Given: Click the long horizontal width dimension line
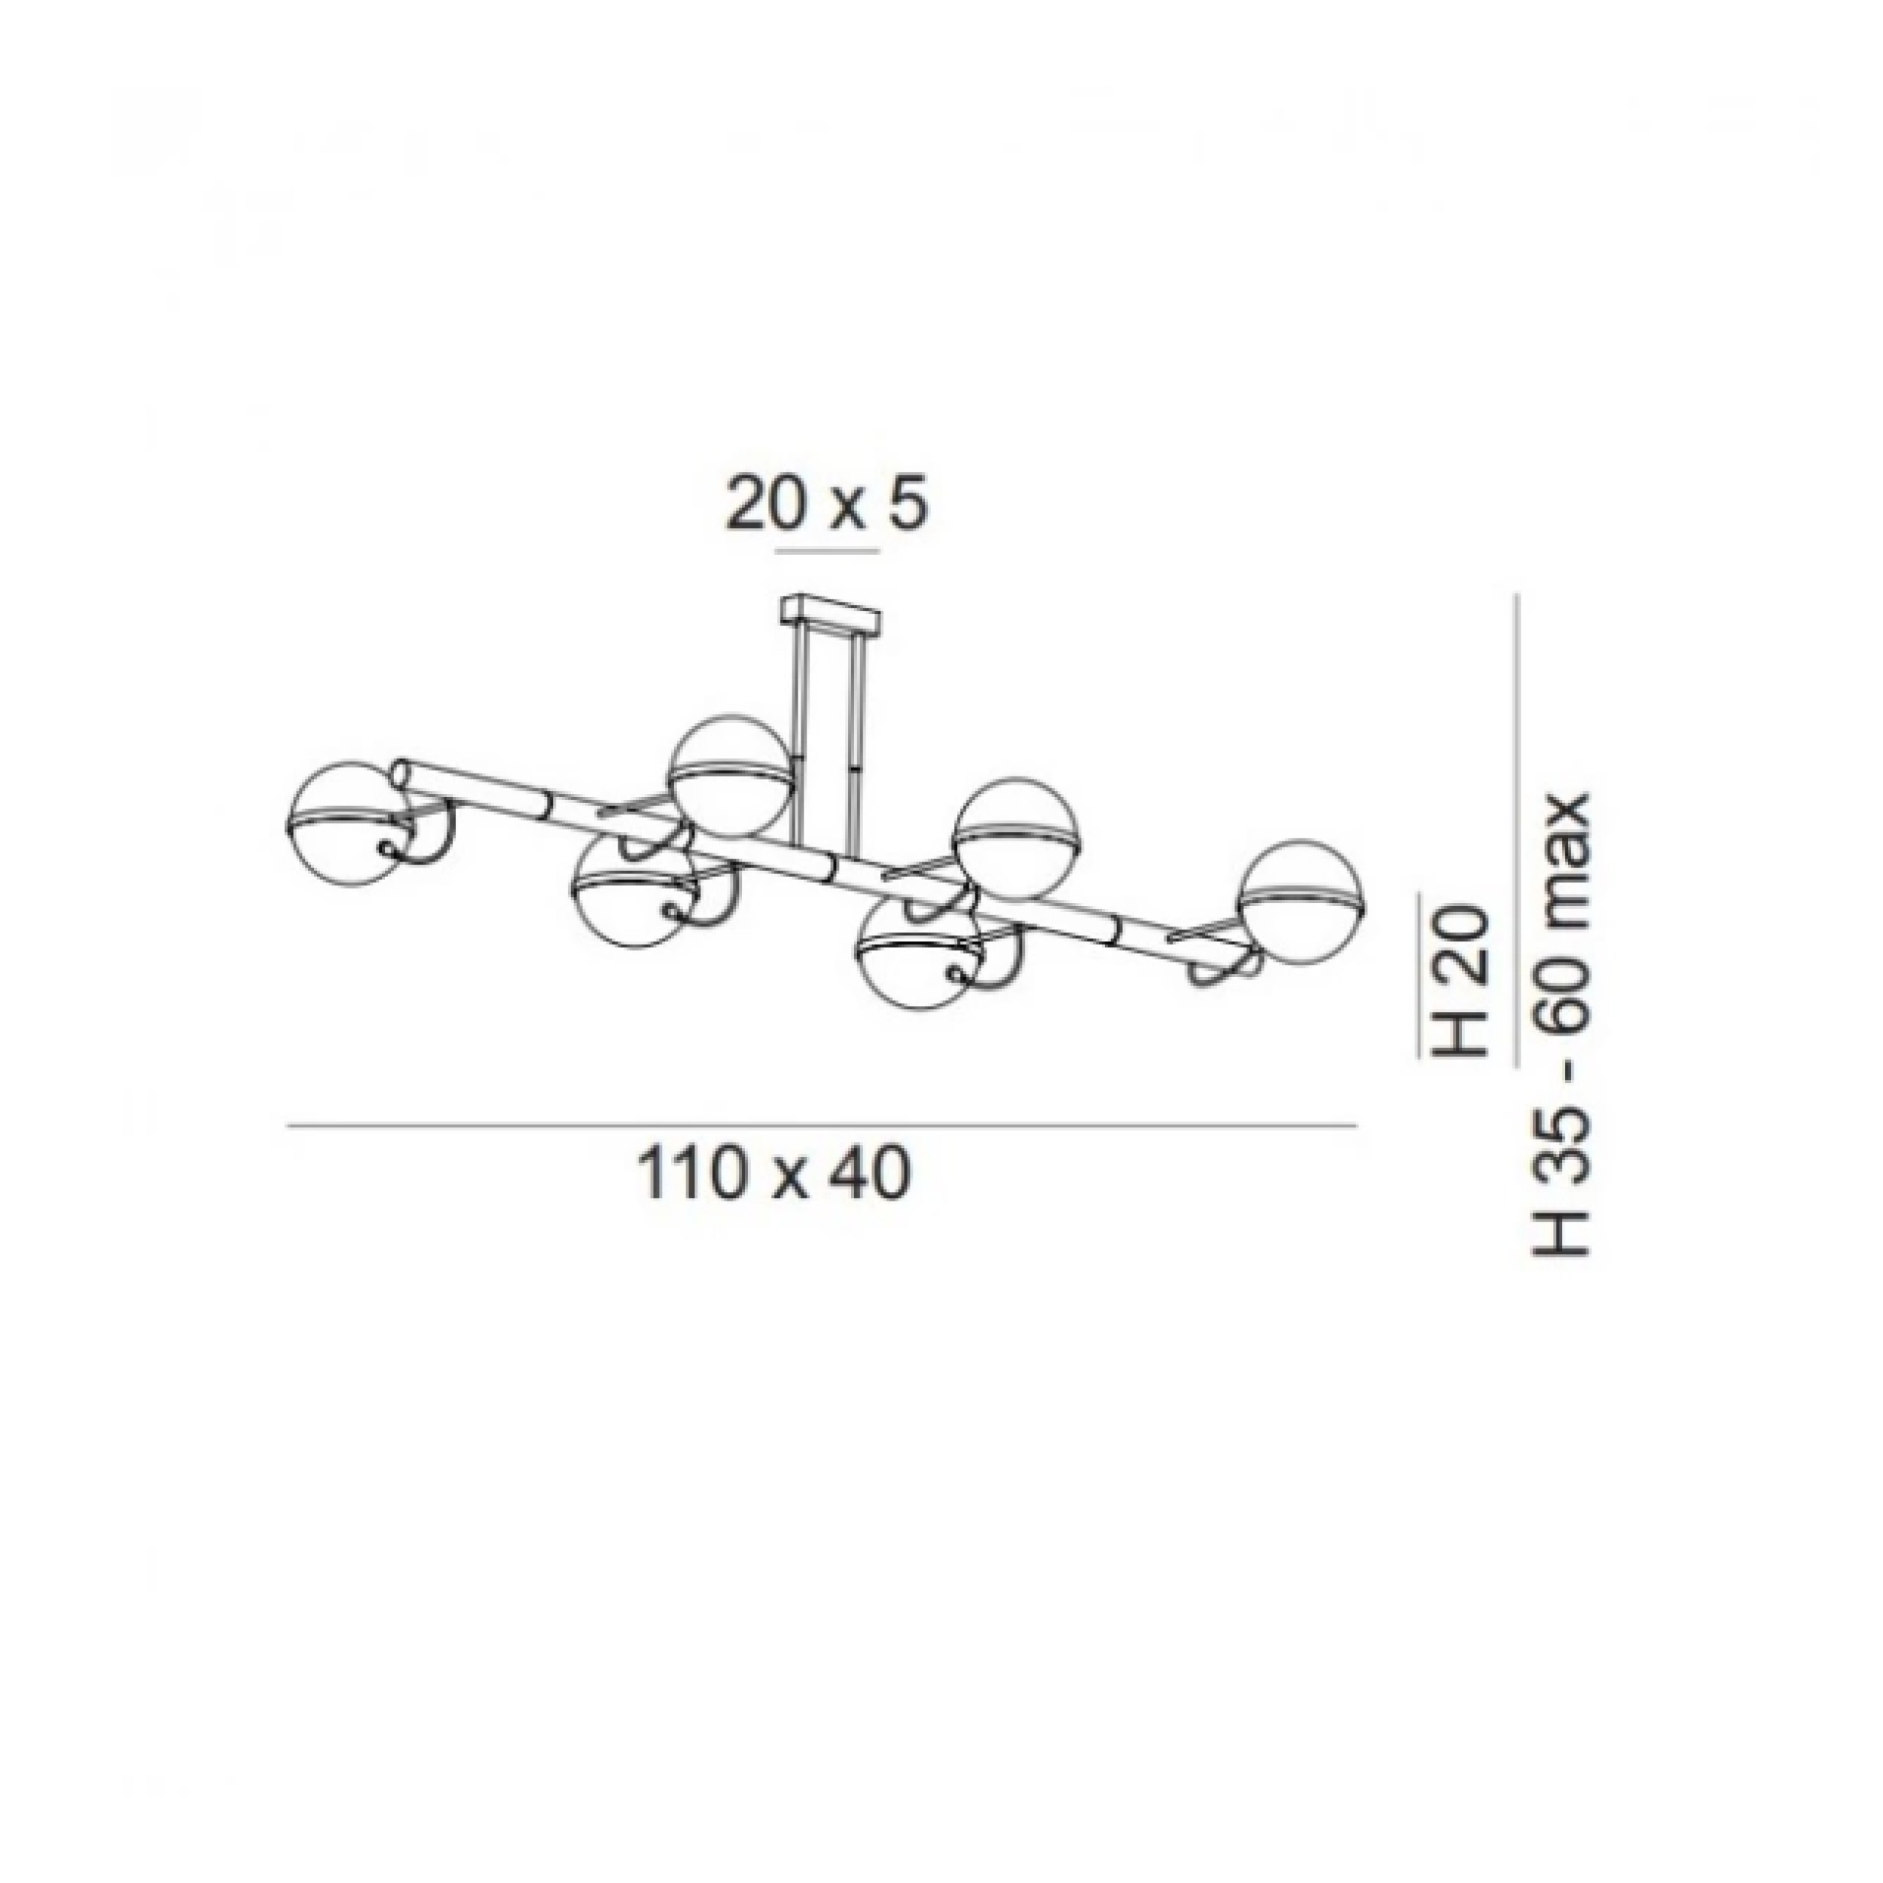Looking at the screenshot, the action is [822, 1127].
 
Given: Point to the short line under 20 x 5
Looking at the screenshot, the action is [826, 551].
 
